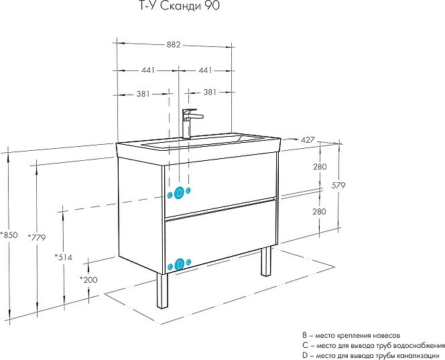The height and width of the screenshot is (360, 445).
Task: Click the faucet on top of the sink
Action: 189,123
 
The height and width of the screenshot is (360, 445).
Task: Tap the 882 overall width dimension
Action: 173,45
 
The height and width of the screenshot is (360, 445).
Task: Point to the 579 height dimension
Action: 338,186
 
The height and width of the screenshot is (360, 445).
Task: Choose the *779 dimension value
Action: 38,237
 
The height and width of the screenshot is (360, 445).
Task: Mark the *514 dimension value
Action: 64,257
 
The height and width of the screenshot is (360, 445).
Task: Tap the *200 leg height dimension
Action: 88,279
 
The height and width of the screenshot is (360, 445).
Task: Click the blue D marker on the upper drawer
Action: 179,193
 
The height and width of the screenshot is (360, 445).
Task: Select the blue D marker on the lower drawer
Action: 179,265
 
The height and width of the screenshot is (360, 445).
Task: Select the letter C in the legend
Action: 304,345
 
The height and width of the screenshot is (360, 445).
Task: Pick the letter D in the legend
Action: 304,355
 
